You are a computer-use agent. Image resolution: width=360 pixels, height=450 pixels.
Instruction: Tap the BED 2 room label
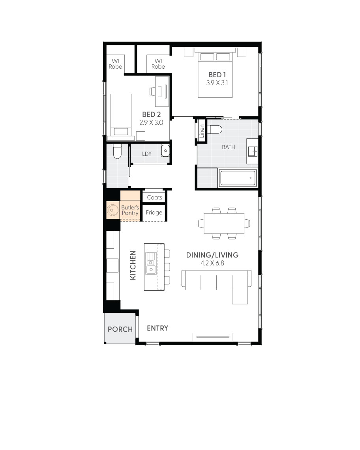[x=151, y=115]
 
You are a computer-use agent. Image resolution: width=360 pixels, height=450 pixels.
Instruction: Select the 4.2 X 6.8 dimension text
[x=212, y=263]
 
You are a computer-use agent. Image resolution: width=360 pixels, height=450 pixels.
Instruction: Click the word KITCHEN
[x=133, y=265]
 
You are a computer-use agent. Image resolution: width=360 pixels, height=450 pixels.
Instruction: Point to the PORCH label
[x=120, y=329]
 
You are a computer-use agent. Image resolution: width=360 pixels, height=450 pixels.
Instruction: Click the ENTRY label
[x=157, y=328]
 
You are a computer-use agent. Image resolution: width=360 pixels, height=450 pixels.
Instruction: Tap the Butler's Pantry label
[x=130, y=210]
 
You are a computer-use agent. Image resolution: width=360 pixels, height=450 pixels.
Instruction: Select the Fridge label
[x=154, y=213]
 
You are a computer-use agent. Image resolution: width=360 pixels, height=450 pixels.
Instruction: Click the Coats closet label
[x=154, y=197]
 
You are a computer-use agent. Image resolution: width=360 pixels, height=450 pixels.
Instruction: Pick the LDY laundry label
[x=147, y=154]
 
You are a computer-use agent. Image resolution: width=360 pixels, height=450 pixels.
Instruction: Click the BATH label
[x=228, y=147]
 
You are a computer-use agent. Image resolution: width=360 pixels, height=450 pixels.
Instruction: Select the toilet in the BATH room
[x=216, y=129]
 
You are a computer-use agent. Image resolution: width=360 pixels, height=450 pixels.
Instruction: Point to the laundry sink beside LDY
[x=165, y=150]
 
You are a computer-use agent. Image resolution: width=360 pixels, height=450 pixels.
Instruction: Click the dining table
[x=224, y=223]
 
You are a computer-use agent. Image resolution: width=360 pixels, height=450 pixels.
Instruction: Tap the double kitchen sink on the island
[x=151, y=265]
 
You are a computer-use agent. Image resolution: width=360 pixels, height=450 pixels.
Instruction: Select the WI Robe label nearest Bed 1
[x=158, y=64]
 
